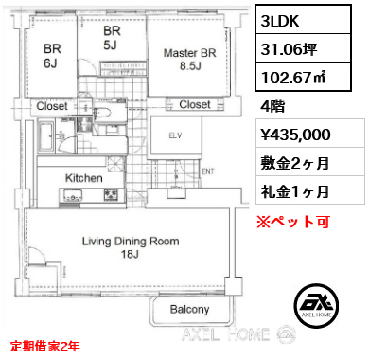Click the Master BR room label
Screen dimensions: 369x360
coord(190,59)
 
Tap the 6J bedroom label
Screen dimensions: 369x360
coord(52,56)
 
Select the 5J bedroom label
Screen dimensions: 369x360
coord(112,38)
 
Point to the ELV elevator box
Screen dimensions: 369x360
coord(175,135)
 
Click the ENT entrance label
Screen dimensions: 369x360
coord(208,171)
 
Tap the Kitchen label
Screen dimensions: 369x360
coord(84,178)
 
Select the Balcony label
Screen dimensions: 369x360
coord(189,309)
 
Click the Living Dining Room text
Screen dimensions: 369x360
coord(131,242)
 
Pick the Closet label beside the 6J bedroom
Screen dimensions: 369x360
coord(52,106)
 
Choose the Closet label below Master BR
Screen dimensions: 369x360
coord(195,104)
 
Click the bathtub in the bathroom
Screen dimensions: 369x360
coord(47,137)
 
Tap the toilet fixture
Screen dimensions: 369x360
coord(102,113)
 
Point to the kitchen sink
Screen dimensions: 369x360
coord(73,195)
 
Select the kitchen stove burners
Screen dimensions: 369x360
coord(111,194)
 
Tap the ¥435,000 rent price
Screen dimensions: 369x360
coord(296,135)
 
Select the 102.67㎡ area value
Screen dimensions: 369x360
coord(293,78)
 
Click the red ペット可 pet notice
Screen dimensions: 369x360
coord(293,222)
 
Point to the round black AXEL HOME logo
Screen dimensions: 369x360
coord(316,305)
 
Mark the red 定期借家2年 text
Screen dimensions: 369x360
coord(44,346)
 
